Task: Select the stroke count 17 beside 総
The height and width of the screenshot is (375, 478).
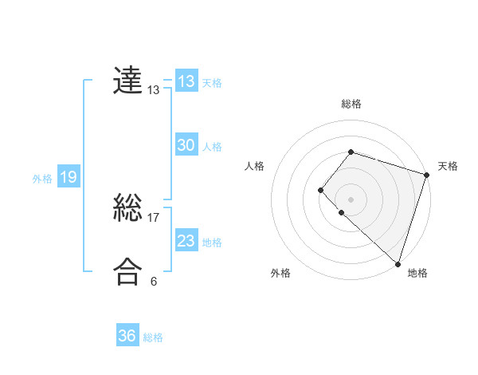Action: [x=154, y=217]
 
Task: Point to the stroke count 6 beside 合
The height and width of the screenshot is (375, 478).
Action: [x=154, y=281]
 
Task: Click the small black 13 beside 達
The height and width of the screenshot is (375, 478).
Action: [x=154, y=90]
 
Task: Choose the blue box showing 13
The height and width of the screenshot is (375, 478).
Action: [x=186, y=81]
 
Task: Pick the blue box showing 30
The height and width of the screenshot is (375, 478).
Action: [x=186, y=145]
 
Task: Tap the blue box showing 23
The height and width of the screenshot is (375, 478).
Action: [x=186, y=241]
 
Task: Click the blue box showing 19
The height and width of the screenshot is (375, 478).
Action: [x=68, y=177]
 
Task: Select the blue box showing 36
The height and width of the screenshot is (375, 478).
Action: [x=127, y=336]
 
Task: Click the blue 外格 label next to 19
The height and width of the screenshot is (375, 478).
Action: [x=42, y=179]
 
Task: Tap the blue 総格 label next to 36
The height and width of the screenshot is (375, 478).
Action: [x=153, y=337]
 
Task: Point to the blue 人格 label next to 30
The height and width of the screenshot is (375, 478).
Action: [x=212, y=147]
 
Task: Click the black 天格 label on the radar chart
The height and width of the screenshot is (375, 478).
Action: [x=448, y=166]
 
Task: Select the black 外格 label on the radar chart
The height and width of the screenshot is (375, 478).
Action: [x=280, y=273]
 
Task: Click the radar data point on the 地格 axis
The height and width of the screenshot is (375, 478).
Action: [x=397, y=263]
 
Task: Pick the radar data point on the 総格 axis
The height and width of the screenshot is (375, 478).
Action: [x=351, y=152]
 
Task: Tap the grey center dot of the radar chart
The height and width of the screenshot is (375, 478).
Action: [x=351, y=199]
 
